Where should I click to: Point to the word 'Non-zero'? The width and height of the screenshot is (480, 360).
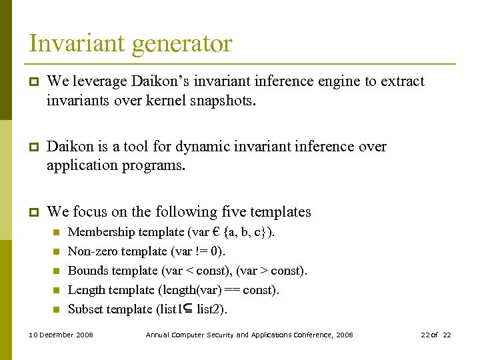click(x=90, y=251)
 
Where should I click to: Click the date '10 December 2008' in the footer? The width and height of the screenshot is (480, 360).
click(x=61, y=335)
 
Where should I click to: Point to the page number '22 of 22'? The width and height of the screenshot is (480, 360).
click(x=436, y=335)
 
